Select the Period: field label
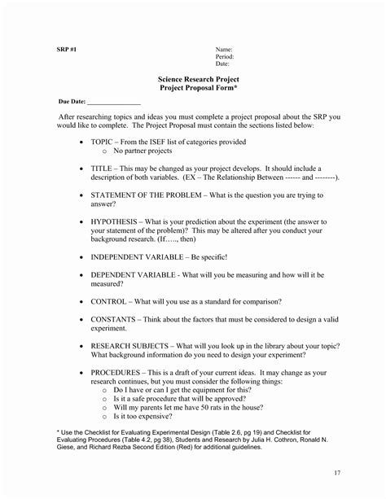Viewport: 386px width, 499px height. point(225,56)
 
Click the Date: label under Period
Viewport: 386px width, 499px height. point(222,63)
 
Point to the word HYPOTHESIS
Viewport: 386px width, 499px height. point(117,221)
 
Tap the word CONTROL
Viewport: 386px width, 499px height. point(112,302)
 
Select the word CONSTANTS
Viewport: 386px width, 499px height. point(118,319)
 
